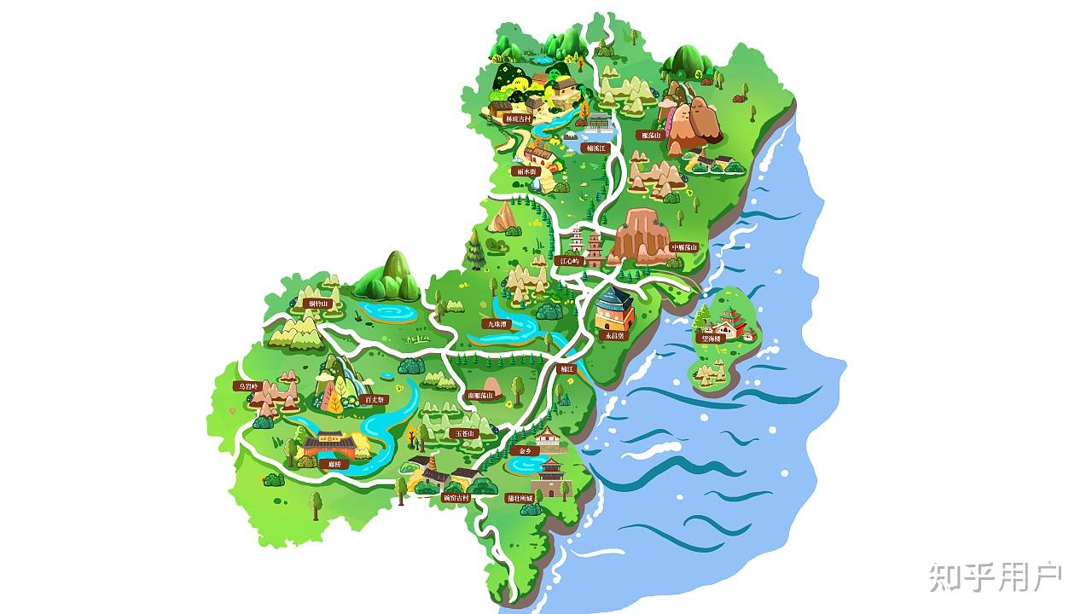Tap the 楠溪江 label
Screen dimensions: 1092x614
pyautogui.click(x=595, y=148)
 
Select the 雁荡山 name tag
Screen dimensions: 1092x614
pyautogui.click(x=652, y=135)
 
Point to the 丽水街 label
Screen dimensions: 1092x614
pyautogui.click(x=526, y=171)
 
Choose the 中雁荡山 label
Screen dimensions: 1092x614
pyautogui.click(x=684, y=247)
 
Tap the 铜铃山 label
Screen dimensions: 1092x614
pyautogui.click(x=316, y=304)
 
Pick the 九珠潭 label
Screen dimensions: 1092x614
pyautogui.click(x=497, y=324)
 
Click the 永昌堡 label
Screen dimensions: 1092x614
pyautogui.click(x=615, y=336)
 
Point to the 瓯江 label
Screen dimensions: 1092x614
pyautogui.click(x=567, y=369)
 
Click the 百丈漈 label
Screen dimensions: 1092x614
pyautogui.click(x=375, y=398)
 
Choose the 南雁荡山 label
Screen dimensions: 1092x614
pyautogui.click(x=481, y=396)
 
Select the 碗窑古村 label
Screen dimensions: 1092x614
pyautogui.click(x=456, y=497)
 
